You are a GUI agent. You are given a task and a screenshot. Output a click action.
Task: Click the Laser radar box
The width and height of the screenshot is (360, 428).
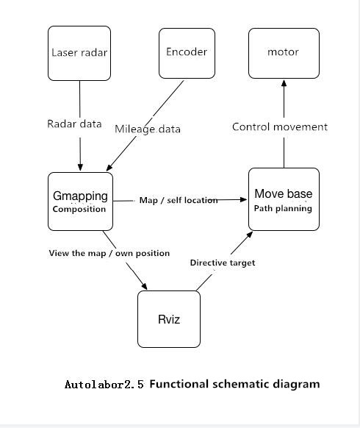click(x=79, y=53)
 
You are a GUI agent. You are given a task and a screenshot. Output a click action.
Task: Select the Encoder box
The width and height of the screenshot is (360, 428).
click(x=187, y=53)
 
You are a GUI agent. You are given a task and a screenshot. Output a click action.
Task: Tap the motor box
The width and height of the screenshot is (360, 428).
click(x=284, y=53)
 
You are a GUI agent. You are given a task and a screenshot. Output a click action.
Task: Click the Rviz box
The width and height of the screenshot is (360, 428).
click(x=169, y=319)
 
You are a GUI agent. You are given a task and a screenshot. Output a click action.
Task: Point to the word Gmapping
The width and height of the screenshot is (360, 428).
click(x=81, y=196)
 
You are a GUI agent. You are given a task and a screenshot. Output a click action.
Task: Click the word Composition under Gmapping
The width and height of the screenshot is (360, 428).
click(x=79, y=209)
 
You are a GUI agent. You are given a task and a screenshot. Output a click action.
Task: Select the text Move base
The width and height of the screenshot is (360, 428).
click(x=284, y=194)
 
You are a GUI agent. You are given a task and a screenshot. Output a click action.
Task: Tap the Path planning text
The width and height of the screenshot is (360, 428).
click(x=283, y=209)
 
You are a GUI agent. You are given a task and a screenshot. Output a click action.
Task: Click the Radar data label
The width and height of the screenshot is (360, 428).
click(x=74, y=124)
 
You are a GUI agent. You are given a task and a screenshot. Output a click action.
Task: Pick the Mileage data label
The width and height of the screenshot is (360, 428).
click(x=148, y=129)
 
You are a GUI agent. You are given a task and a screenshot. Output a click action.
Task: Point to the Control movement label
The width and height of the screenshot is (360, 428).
click(x=280, y=127)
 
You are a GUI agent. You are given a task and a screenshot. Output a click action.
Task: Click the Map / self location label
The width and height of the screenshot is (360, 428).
click(x=179, y=200)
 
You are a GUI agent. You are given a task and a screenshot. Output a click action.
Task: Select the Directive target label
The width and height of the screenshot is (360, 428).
click(x=223, y=263)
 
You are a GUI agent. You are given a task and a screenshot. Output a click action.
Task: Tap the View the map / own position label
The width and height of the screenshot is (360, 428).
click(x=109, y=253)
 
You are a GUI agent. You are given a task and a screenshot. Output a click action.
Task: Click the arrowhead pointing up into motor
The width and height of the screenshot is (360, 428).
click(x=284, y=83)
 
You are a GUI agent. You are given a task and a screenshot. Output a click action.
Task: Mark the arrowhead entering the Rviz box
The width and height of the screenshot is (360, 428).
click(x=144, y=286)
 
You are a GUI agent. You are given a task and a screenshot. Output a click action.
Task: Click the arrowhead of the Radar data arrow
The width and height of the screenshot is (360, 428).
click(x=80, y=167)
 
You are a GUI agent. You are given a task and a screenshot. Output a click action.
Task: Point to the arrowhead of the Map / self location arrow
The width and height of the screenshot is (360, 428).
click(x=243, y=199)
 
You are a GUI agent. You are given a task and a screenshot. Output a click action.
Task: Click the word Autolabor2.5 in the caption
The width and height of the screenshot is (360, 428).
click(x=104, y=385)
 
